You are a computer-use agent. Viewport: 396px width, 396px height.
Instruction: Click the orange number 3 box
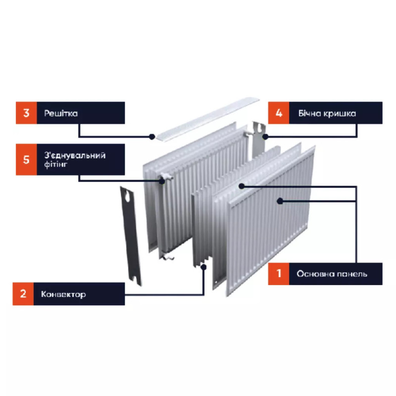click(x=26, y=113)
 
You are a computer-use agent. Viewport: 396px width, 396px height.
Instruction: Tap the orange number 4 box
click(x=279, y=113)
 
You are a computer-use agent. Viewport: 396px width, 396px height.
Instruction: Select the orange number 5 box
click(x=26, y=159)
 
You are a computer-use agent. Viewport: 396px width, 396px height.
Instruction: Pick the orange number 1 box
click(x=279, y=273)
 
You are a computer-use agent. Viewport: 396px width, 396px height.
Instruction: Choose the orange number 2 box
click(x=23, y=294)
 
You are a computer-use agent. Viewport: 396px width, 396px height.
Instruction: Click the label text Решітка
click(x=61, y=113)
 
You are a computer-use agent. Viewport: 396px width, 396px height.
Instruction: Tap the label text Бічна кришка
click(x=327, y=113)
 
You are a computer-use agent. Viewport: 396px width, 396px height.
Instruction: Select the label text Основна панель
click(x=332, y=274)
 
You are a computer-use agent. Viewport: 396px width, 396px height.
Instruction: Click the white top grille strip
click(x=208, y=117)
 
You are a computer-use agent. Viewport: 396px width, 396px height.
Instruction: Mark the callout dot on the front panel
click(x=280, y=201)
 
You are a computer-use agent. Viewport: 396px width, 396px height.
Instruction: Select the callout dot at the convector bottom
click(x=203, y=267)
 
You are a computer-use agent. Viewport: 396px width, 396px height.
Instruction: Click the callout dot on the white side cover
click(x=265, y=136)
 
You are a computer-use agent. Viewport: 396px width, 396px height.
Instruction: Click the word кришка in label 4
click(x=342, y=113)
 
